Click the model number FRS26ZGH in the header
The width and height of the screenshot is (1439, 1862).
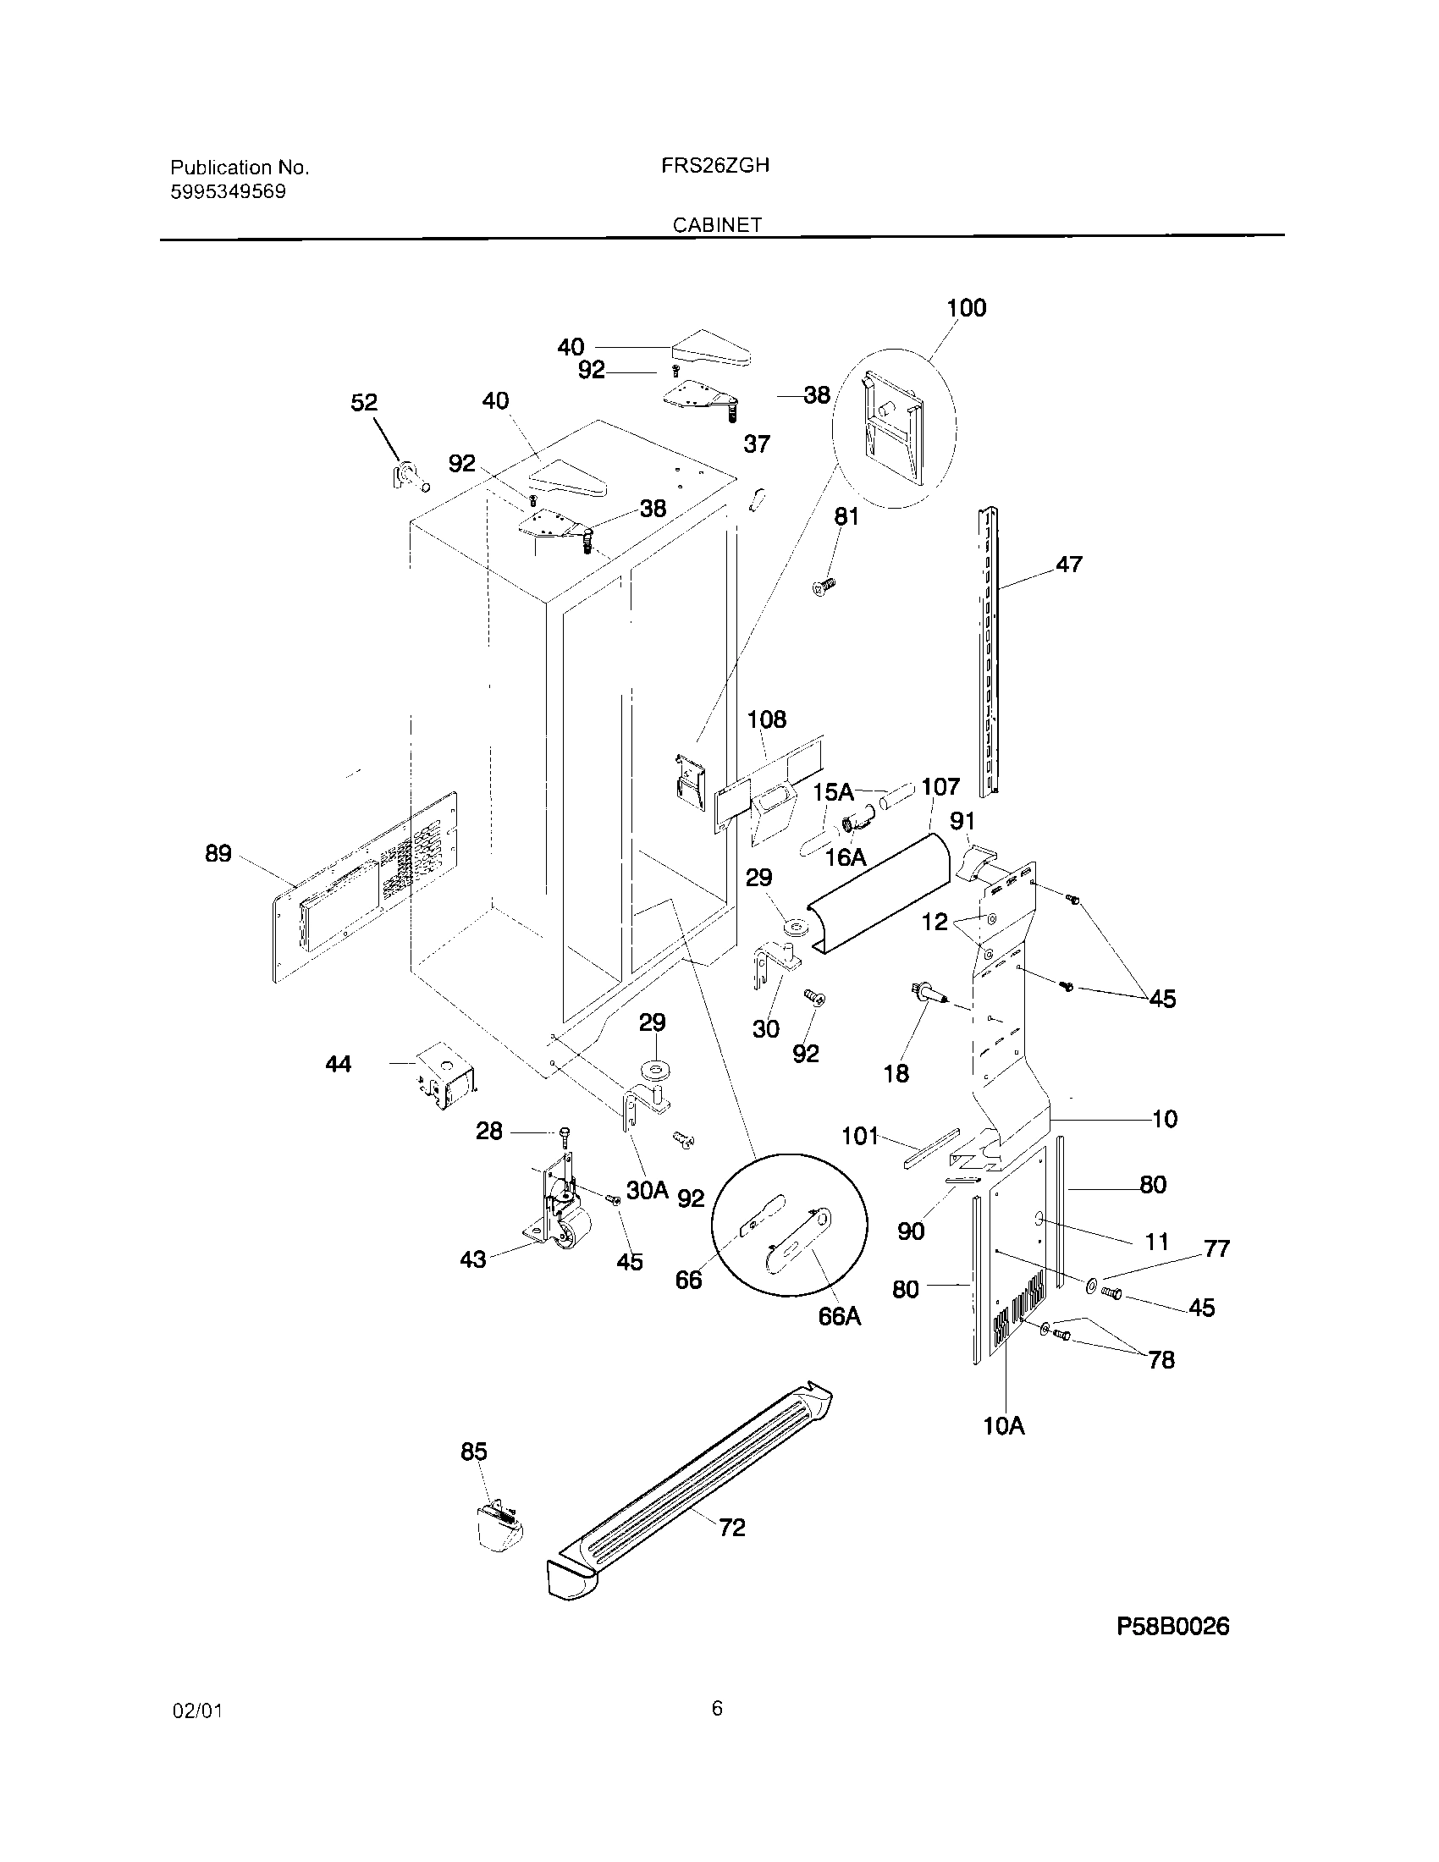pos(714,166)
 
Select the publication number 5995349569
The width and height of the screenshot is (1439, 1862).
pos(229,192)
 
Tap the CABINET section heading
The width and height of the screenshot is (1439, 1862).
pos(717,225)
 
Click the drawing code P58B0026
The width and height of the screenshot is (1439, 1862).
pos(1172,1627)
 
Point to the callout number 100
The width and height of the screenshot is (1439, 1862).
pos(966,308)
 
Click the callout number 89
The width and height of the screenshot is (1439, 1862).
pos(218,853)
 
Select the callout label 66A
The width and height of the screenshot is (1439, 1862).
pos(839,1316)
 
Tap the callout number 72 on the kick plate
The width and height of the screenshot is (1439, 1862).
pos(731,1527)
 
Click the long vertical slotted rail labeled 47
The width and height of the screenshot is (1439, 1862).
pos(989,653)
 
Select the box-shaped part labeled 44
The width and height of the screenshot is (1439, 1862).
pos(445,1076)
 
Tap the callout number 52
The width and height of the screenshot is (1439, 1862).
pos(364,402)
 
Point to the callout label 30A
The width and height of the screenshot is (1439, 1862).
pos(646,1190)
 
